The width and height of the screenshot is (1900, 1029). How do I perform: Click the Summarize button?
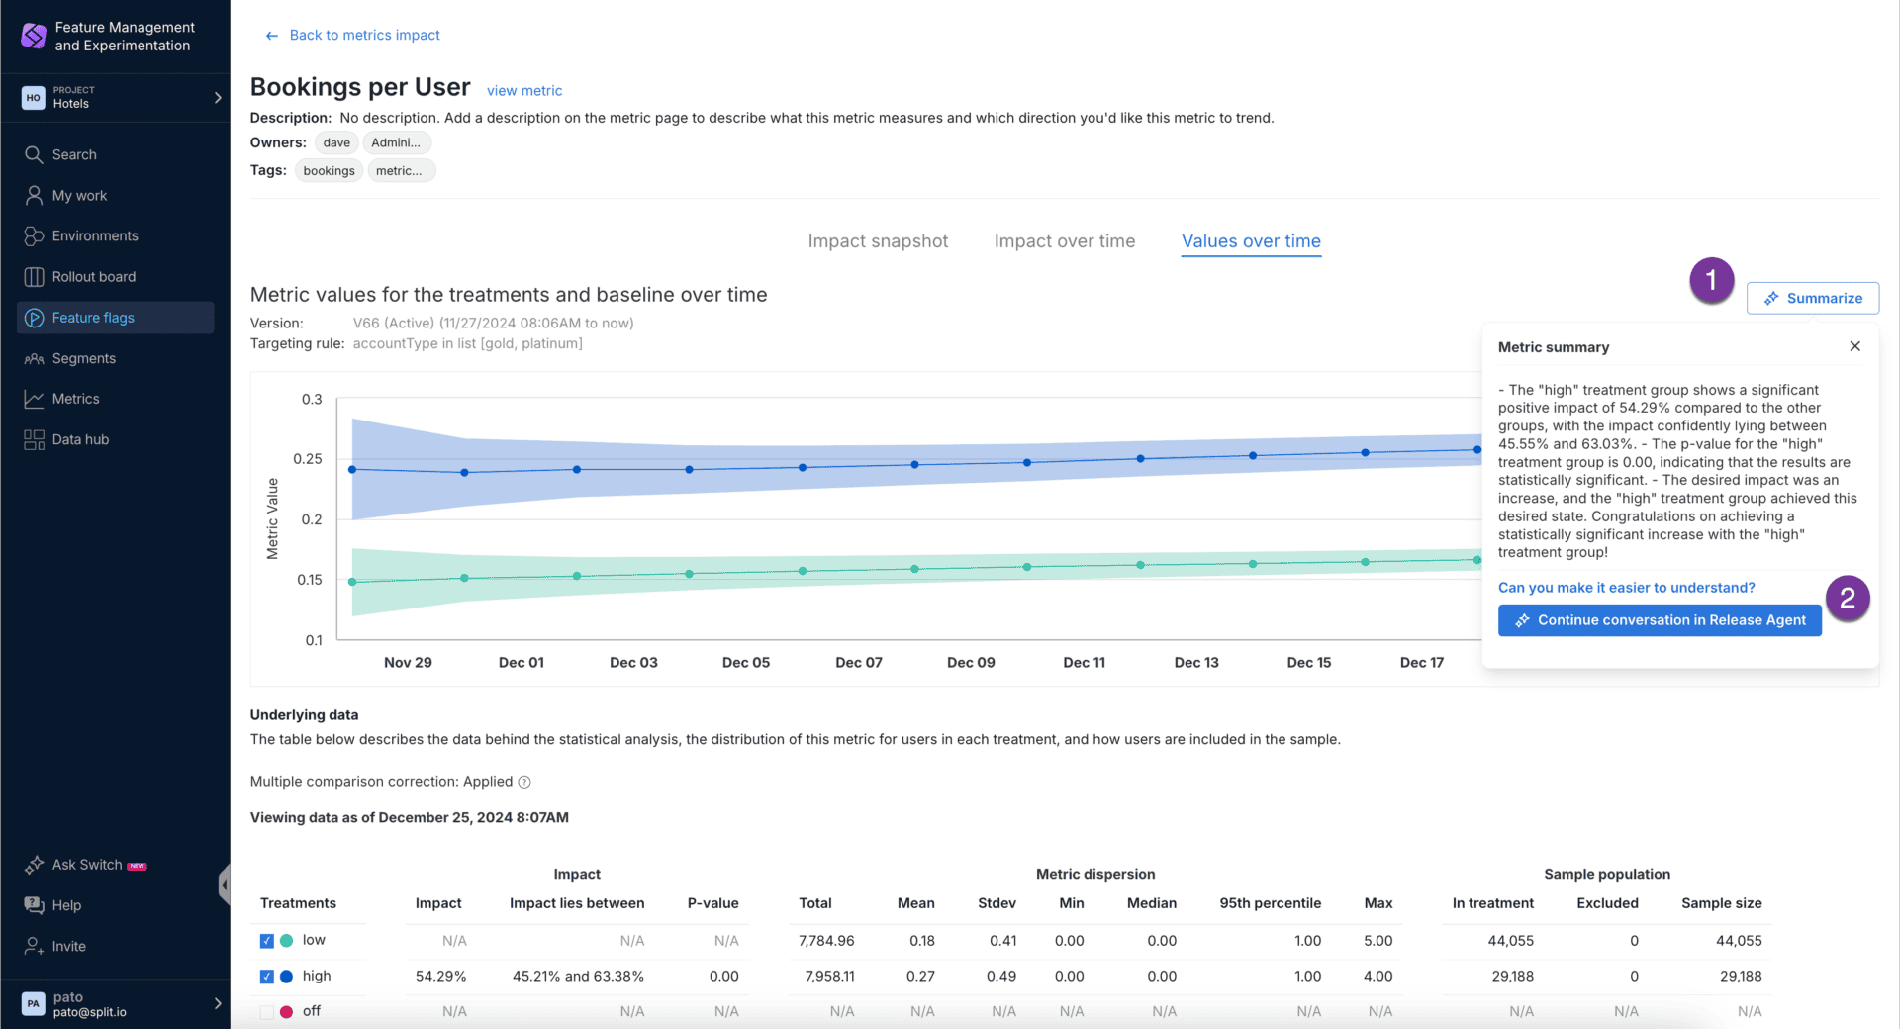1813,298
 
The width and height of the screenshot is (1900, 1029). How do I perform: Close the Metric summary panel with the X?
1854,346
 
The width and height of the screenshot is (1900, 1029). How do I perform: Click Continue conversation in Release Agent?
1660,620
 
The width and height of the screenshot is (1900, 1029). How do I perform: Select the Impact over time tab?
1064,241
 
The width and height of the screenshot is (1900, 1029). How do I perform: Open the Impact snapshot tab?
878,241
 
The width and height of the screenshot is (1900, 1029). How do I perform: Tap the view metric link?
524,91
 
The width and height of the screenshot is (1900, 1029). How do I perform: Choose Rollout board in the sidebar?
94,277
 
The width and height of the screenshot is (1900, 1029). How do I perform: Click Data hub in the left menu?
80,439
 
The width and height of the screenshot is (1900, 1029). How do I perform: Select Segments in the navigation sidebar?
84,358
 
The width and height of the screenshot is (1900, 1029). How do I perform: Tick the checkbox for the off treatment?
267,1011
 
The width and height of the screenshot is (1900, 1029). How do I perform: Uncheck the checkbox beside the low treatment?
267,941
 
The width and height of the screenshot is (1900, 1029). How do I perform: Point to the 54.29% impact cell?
440,976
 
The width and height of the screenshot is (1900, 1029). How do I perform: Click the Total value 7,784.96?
826,941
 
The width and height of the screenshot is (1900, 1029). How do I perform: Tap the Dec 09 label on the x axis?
971,663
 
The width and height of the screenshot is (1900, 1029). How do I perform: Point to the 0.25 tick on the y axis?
308,459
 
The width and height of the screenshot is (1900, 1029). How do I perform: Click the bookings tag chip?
329,171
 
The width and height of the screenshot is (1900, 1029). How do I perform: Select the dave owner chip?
336,142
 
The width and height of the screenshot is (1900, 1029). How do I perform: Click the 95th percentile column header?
1270,903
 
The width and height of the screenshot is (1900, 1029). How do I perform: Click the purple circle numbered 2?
1847,598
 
